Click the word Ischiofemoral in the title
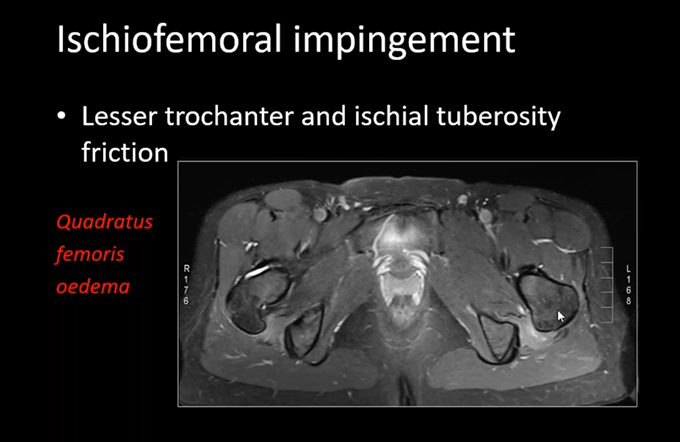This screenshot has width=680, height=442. coord(169,39)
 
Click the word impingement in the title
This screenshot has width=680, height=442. coord(404,42)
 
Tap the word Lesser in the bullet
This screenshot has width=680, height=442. coord(119,116)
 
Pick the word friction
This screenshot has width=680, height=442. coord(125,152)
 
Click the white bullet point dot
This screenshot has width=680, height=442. coord(62,116)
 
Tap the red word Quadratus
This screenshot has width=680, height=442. coord(105,222)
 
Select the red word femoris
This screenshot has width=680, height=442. coord(90,254)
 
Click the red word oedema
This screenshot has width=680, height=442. coord(93,286)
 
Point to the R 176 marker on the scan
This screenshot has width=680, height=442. coord(186,285)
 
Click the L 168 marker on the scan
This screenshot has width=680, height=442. coord(628,285)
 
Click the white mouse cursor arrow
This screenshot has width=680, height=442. coord(561,316)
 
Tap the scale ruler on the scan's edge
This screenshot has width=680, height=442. coord(607,285)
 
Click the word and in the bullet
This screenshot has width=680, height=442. coord(324,116)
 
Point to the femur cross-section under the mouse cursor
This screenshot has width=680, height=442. coord(549,301)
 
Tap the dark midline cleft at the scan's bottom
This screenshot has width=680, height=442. coord(406,387)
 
